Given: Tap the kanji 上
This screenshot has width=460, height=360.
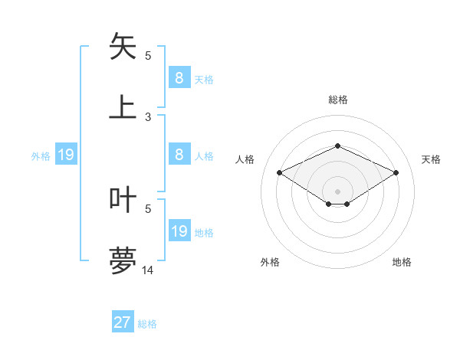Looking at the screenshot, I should [x=123, y=106].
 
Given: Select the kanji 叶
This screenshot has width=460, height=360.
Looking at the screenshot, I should [x=123, y=199].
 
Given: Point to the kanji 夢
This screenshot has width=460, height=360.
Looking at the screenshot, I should [x=123, y=260].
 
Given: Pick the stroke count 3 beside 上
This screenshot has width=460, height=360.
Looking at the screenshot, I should [x=148, y=116].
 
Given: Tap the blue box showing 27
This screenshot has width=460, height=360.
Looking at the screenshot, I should [x=123, y=322].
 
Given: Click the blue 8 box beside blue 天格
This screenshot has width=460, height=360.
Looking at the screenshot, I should [x=179, y=77].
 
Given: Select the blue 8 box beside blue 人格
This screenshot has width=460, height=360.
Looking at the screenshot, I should [x=179, y=155].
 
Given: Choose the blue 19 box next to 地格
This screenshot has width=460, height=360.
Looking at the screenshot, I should [x=179, y=231].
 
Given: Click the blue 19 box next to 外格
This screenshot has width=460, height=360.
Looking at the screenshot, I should [x=66, y=155].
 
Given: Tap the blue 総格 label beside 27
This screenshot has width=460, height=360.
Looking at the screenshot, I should [x=147, y=324].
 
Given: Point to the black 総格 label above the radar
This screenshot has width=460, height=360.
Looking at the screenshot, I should [x=337, y=100].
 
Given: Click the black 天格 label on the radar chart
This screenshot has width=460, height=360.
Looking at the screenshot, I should [x=431, y=159].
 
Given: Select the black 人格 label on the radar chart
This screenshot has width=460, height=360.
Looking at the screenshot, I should [x=245, y=159].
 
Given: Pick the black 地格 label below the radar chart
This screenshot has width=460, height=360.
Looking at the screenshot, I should [x=402, y=262].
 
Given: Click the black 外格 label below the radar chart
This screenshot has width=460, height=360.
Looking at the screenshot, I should [x=270, y=262].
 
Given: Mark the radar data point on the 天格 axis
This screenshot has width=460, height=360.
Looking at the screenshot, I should [x=396, y=173].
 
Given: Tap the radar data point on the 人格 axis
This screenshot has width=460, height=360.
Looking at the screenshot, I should [x=280, y=173].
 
